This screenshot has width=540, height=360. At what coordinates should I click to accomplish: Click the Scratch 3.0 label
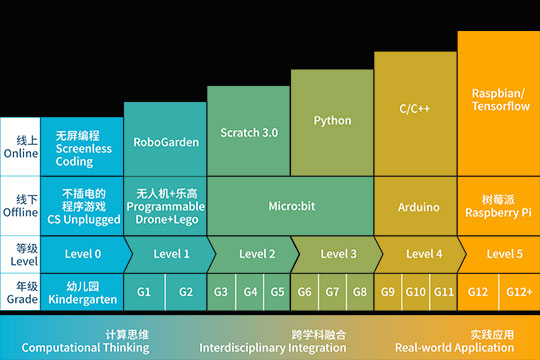coord(248,132)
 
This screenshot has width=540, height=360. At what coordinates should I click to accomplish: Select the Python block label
coord(332,121)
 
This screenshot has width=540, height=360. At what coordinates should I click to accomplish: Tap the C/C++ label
coord(414,108)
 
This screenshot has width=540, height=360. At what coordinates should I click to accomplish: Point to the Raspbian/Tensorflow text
coord(497,99)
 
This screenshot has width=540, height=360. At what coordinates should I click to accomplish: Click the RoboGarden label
coord(166,142)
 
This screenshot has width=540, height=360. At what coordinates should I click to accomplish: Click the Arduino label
coord(418,207)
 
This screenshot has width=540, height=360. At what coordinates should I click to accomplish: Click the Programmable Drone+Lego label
coord(166,206)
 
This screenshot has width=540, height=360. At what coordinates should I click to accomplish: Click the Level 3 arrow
coord(337,254)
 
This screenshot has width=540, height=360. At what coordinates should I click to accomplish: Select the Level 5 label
coord(503,254)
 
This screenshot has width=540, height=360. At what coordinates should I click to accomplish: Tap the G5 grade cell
coord(277,292)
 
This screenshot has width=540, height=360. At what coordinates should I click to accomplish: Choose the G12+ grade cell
coord(518,292)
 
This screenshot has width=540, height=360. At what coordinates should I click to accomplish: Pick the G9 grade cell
coord(388,292)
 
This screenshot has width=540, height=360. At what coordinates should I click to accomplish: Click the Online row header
coord(20,146)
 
